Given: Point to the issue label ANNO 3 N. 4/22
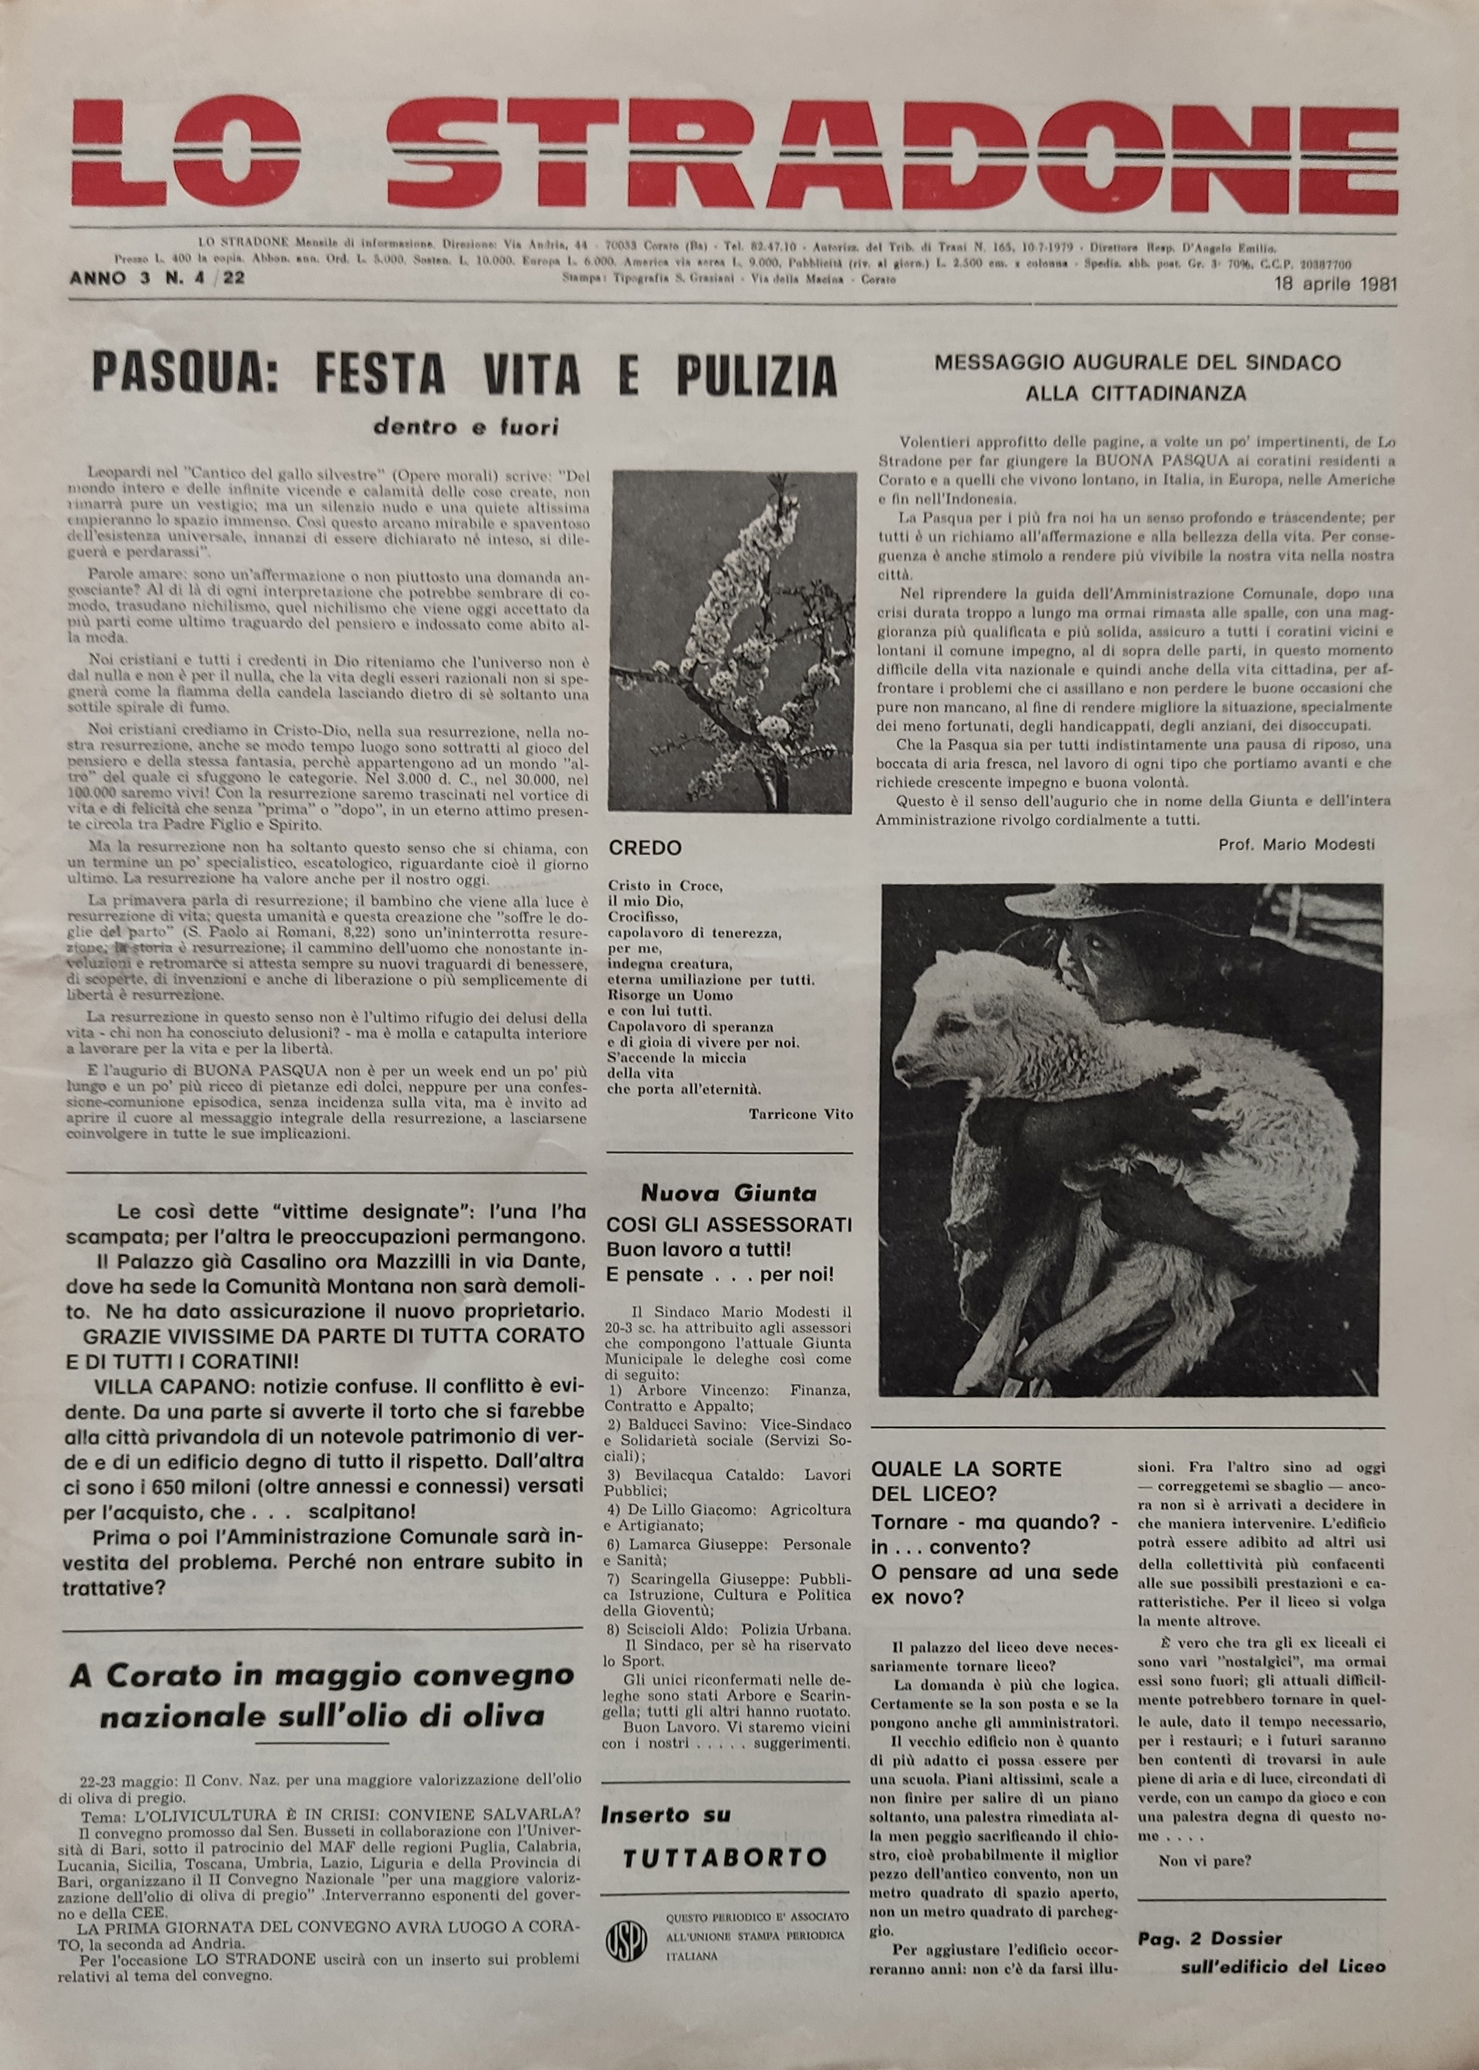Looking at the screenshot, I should click(156, 278).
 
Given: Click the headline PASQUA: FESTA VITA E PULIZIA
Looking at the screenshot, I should click(464, 375).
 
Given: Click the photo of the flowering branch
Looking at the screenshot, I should click(732, 641).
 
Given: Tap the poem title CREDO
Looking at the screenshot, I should click(645, 847).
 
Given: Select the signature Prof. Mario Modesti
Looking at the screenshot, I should click(1296, 844).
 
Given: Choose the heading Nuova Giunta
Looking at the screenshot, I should click(729, 1192).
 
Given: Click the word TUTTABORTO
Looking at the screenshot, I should click(725, 1832).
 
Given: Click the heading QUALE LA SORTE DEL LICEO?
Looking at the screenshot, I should click(967, 1481).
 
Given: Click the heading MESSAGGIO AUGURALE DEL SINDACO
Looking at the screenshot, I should click(1137, 362).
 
